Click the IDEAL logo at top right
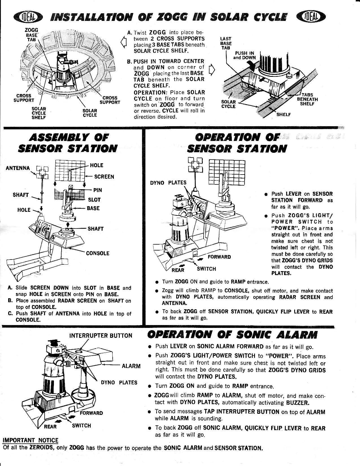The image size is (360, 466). pos(311,18)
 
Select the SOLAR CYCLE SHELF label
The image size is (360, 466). pos(39,113)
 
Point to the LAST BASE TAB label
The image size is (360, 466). pos(226,43)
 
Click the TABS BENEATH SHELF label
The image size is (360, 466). pos(307,99)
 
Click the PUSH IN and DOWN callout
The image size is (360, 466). pos(244,55)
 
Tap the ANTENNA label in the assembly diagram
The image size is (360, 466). pos(18,168)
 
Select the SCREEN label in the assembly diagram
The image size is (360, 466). pos(104,177)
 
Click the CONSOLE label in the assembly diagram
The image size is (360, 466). pos(97,253)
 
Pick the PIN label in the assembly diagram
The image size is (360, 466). pos(97,190)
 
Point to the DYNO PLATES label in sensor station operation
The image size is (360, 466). pos(168,182)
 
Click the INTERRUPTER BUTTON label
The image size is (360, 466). pos(101,336)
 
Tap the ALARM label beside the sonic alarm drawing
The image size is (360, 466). pos(131,366)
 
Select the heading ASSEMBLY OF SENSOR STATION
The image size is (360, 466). pos(67,143)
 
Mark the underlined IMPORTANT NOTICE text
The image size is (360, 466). pos(30,440)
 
